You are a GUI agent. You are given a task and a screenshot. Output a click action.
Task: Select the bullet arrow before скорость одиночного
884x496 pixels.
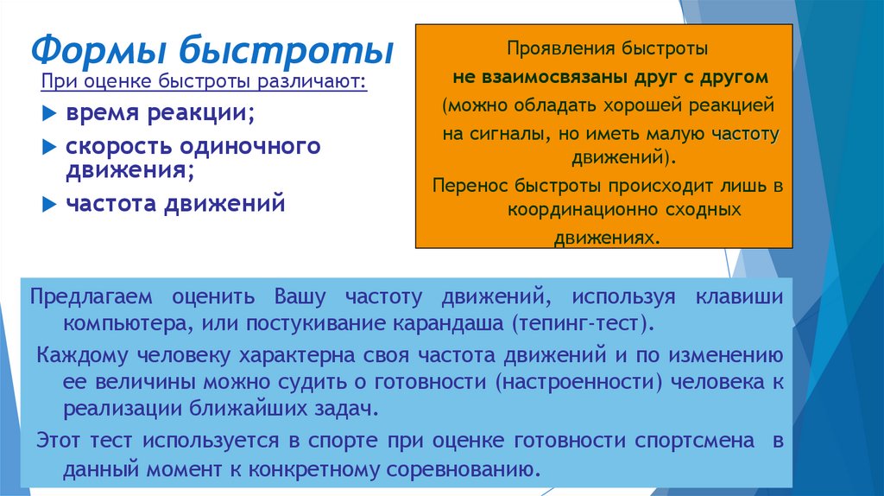click(x=49, y=147)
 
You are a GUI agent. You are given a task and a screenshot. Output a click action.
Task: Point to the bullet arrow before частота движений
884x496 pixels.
click(x=49, y=205)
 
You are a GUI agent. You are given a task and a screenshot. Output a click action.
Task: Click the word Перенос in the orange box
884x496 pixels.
click(x=467, y=185)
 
